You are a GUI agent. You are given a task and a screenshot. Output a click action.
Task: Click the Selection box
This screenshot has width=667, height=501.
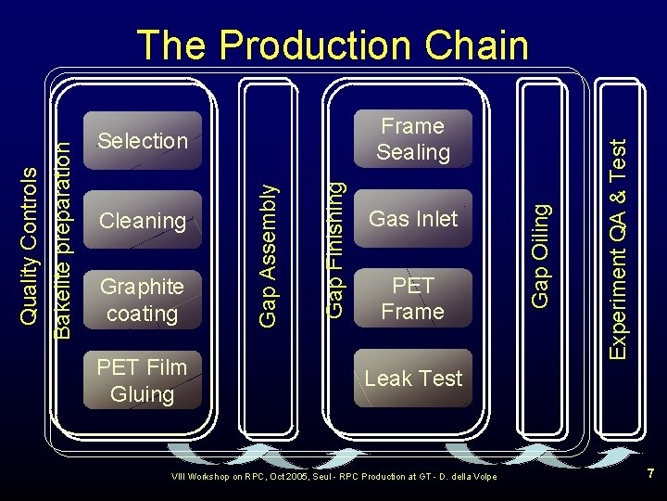143,141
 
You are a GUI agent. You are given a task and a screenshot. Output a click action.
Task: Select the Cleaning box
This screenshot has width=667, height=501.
143,220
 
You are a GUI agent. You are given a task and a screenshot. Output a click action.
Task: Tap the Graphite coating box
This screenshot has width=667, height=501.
143,300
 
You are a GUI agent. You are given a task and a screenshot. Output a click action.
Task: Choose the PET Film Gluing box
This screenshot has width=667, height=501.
143,380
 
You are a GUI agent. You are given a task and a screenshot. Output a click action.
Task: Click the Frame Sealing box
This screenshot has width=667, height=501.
413,139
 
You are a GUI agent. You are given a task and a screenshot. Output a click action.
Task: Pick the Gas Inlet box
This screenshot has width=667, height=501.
413,219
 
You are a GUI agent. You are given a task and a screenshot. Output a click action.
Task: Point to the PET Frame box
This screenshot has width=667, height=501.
413,298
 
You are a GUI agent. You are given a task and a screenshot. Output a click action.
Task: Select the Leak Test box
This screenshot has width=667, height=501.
413,379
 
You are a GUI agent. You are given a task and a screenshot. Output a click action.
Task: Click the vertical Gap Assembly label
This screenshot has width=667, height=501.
268,254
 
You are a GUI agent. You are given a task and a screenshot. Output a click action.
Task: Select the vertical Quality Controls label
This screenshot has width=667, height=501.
30,246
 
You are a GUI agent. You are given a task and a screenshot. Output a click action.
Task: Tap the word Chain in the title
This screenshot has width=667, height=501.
487,45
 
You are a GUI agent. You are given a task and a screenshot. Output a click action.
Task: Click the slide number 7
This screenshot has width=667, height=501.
650,474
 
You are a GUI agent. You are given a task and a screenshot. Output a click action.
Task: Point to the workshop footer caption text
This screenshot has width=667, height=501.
334,477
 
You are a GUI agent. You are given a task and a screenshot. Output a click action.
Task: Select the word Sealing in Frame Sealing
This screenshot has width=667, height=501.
413,152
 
